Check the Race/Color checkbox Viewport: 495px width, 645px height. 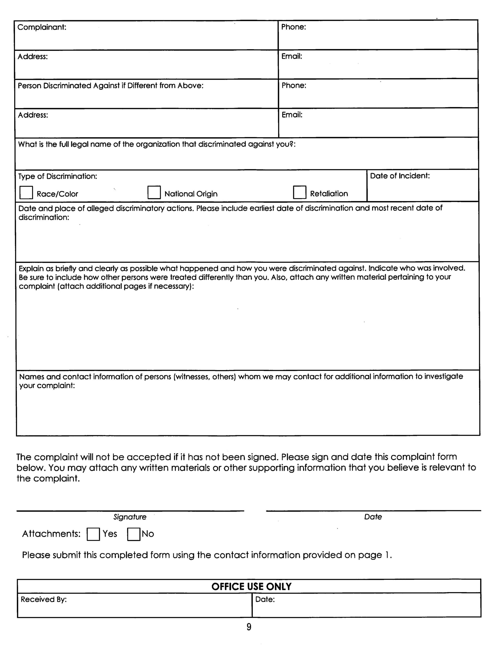[x=26, y=193]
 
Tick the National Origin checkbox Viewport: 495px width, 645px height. [x=154, y=192]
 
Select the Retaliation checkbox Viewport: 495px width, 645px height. [x=300, y=192]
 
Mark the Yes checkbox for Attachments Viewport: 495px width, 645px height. [x=93, y=534]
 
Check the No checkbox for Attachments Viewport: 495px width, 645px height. [x=133, y=534]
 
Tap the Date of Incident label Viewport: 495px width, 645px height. [x=400, y=176]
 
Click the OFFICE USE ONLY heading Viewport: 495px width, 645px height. [x=251, y=587]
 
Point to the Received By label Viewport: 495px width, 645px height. [x=44, y=600]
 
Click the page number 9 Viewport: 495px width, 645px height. [x=249, y=627]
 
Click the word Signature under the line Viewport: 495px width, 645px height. [x=130, y=517]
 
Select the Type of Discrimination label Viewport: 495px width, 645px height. [x=58, y=177]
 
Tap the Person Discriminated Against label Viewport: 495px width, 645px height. [x=111, y=86]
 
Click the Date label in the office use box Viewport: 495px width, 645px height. [x=265, y=600]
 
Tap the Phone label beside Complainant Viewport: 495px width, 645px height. [x=293, y=27]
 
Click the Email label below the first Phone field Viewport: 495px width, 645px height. [x=292, y=56]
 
